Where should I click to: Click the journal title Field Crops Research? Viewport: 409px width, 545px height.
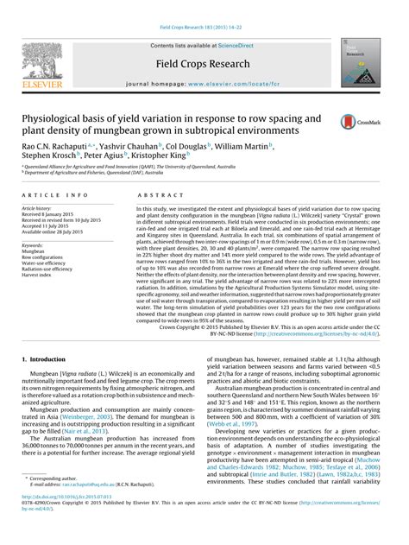(x=204, y=65)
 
